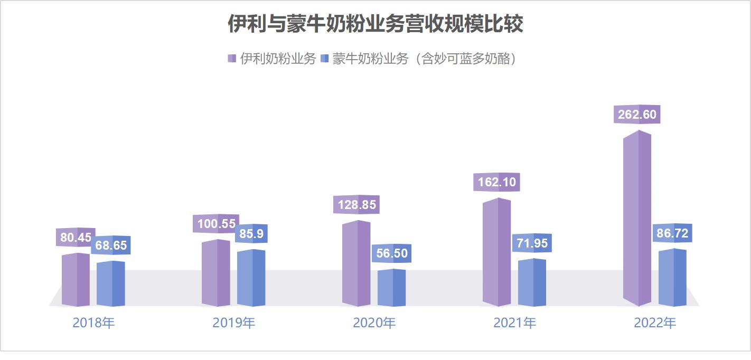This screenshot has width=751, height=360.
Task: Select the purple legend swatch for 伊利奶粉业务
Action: point(231,59)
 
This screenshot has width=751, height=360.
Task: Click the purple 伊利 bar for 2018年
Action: point(76,280)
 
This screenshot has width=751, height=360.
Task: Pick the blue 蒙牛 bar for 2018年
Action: point(110,284)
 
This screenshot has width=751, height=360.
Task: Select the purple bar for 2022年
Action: point(637,219)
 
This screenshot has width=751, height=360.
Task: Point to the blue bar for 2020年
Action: point(391,288)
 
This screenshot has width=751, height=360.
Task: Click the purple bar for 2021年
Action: point(496,252)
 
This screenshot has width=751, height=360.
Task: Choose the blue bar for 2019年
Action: point(251,278)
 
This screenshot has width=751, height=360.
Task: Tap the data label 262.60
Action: point(637,115)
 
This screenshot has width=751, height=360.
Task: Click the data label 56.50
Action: point(391,254)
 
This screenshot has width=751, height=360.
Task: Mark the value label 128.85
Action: point(356,205)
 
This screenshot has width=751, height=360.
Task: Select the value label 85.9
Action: point(251,234)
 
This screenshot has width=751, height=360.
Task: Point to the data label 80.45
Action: point(76,238)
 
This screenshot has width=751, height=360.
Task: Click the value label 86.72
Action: point(672,233)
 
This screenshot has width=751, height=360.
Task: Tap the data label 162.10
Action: point(496,183)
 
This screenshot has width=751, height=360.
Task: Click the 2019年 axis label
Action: point(233,323)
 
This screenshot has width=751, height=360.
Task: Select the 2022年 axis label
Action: point(655,323)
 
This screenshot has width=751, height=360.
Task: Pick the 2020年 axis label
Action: point(374,323)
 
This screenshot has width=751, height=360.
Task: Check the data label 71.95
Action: point(532,244)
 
